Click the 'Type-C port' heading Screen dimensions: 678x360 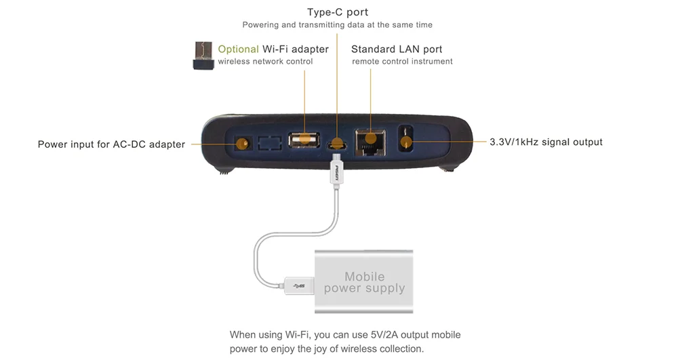point(337,12)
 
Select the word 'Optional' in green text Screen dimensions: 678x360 point(238,49)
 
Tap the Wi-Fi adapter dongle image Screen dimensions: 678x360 point(201,56)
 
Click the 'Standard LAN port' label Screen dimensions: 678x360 point(397,49)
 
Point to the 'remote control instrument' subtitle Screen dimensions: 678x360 point(402,62)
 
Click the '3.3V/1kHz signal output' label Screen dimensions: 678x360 point(546,142)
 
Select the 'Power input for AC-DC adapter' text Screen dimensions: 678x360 point(111,144)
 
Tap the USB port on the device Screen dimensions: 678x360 point(304,140)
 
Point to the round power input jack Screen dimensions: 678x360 point(241,144)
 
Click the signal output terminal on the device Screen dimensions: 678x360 point(406,141)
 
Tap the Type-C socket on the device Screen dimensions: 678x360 point(337,144)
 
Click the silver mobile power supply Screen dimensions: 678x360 point(364,281)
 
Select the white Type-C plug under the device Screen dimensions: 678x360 point(336,172)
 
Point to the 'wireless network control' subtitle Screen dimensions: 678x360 point(266,62)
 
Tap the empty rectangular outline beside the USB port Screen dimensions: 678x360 point(271,143)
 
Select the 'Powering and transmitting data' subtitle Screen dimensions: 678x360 point(337,25)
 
